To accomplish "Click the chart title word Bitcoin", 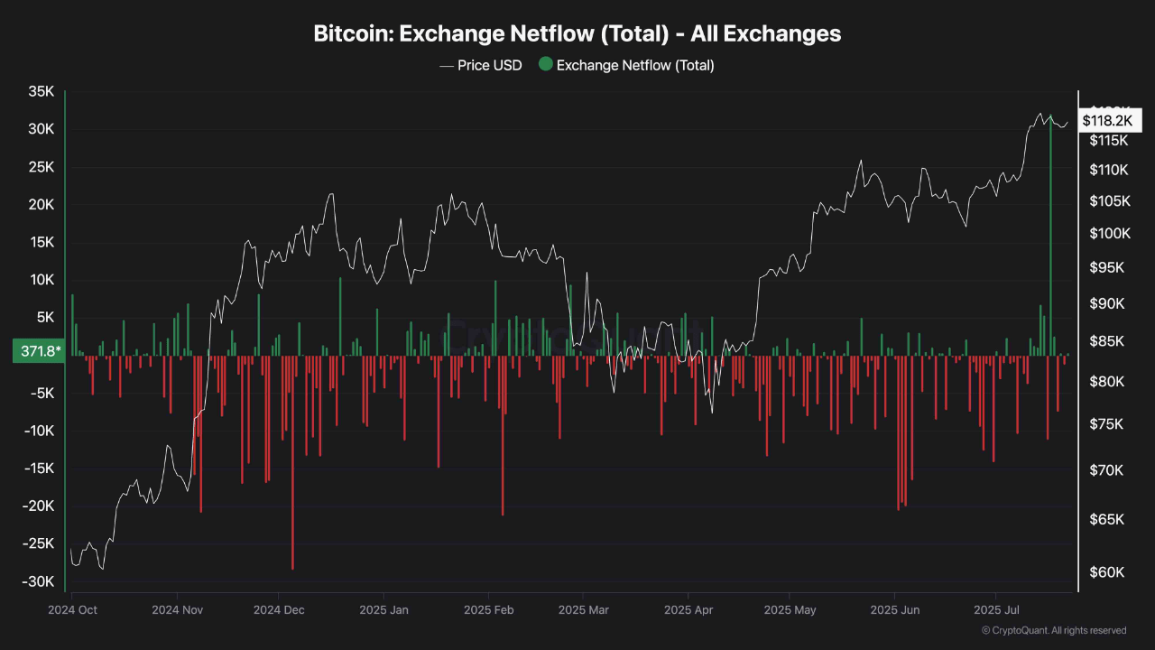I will [x=352, y=33].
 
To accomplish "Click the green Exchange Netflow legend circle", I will [x=545, y=64].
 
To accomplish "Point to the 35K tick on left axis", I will [x=41, y=91].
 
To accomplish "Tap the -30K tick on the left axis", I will [x=37, y=581].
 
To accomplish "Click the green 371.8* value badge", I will [x=37, y=351].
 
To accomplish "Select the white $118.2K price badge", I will [x=1106, y=120].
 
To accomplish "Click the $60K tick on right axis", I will [x=1106, y=572].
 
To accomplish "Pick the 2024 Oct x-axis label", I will [x=72, y=610].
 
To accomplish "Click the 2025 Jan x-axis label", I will [x=383, y=610].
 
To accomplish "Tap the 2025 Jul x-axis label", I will [x=996, y=610].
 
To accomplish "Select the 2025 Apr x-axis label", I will [x=688, y=610].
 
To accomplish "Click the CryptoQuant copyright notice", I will [x=1054, y=630].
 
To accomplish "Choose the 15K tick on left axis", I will [x=41, y=242].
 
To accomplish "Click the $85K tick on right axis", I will [x=1106, y=341].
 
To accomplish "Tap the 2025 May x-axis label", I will [x=790, y=610].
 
